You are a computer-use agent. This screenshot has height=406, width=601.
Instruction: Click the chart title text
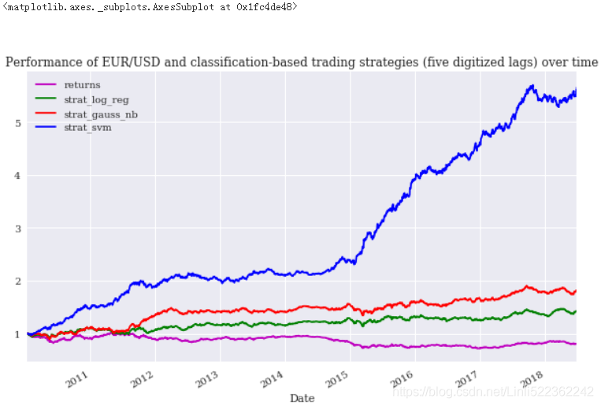point(302,62)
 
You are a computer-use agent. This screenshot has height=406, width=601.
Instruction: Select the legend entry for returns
point(82,84)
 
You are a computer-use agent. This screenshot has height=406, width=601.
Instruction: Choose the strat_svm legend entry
point(87,127)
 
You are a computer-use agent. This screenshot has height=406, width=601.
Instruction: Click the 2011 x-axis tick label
point(77,377)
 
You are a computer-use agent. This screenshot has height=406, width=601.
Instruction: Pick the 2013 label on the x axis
point(207,377)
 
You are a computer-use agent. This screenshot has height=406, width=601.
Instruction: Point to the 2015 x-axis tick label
point(337,377)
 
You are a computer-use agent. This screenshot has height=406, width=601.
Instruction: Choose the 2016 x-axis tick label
point(403,377)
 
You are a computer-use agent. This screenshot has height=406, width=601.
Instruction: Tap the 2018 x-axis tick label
point(532,377)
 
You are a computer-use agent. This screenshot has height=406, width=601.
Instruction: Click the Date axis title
point(302,398)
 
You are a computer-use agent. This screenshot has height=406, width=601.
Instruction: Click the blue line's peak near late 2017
point(533,85)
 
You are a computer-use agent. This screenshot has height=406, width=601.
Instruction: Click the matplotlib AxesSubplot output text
point(150,8)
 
